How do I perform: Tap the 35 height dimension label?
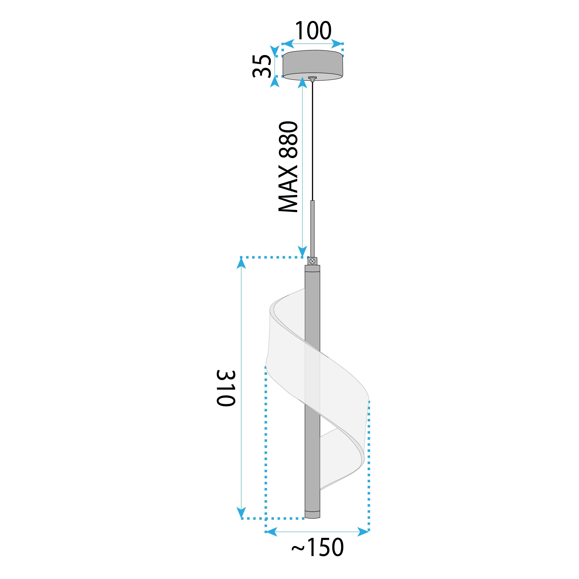click(x=262, y=66)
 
